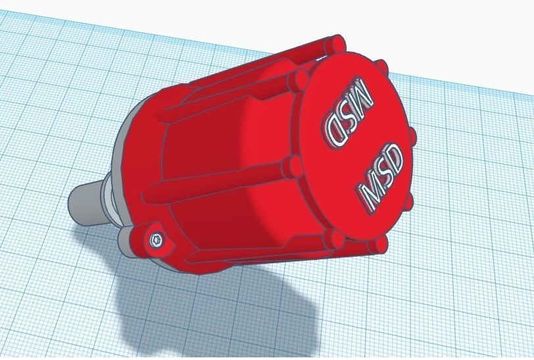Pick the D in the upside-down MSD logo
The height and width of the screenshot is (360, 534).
(335, 132)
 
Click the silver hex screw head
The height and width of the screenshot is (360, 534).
(156, 241)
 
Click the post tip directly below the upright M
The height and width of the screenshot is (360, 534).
(376, 245)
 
